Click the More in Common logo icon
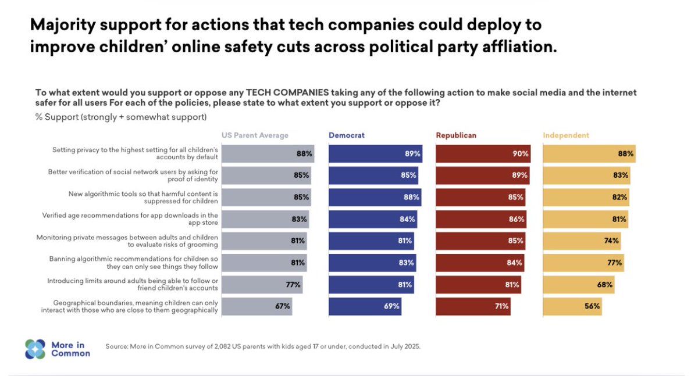[35, 349]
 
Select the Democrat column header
[347, 135]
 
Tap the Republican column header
[456, 135]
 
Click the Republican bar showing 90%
[483, 154]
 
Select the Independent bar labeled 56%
[572, 306]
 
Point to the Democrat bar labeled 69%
[365, 306]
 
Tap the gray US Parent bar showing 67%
[257, 306]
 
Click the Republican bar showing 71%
[473, 306]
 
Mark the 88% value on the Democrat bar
[411, 197]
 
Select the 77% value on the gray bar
[293, 285]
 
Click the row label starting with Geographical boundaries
[136, 306]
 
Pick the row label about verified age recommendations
[130, 219]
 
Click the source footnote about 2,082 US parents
[262, 346]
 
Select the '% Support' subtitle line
[121, 117]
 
